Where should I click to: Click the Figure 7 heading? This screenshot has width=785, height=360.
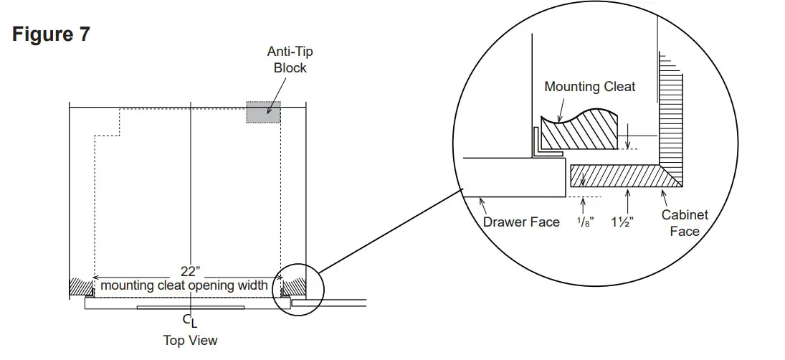click(51, 34)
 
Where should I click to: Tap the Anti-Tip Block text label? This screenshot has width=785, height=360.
click(290, 60)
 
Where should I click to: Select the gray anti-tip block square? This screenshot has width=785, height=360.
click(263, 112)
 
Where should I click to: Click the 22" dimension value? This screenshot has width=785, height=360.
click(190, 271)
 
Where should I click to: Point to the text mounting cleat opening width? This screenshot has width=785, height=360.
click(184, 285)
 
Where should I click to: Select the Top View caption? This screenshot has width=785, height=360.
click(190, 341)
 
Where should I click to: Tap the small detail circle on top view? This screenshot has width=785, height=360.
click(299, 289)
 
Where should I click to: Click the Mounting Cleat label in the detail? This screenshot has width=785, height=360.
click(589, 87)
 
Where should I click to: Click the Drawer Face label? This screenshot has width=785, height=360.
click(521, 222)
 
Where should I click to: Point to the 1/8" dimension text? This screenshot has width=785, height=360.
click(584, 222)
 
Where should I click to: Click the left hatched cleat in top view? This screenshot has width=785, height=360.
click(77, 287)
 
